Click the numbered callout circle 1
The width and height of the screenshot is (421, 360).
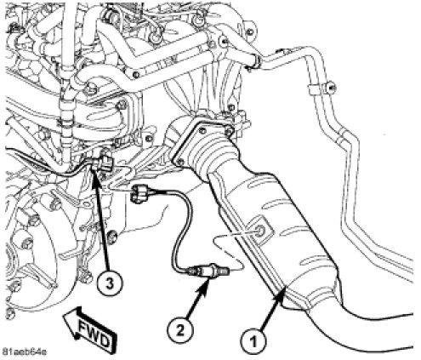pos(253,340)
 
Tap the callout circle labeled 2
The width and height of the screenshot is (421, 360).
pos(180,330)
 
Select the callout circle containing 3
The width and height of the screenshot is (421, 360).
pos(110,283)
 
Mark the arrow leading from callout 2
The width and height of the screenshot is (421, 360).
pos(197,299)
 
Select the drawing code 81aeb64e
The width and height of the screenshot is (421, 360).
pos(24,352)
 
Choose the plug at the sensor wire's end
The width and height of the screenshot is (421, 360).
pos(138,193)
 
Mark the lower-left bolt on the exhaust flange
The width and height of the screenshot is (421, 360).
pos(179,162)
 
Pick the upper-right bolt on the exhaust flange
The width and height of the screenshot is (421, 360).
pos(229,131)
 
